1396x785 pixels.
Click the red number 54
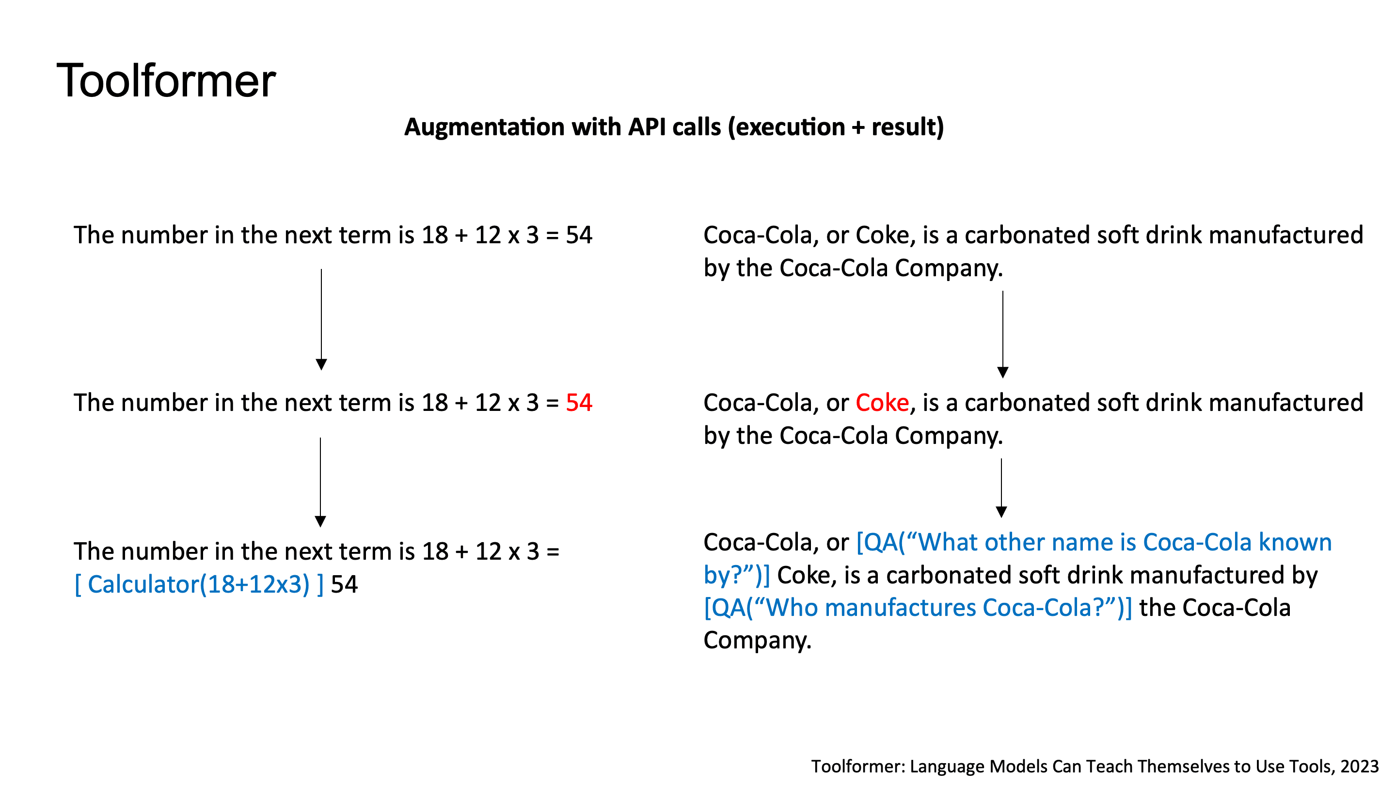click(x=579, y=403)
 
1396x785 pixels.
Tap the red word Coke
click(x=882, y=403)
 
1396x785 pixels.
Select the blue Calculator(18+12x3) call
click(x=198, y=584)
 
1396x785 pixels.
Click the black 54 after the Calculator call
click(x=344, y=584)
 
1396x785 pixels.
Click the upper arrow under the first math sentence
click(x=321, y=320)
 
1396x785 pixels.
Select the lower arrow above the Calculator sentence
click(x=320, y=482)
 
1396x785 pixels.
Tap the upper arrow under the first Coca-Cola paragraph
click(x=1002, y=334)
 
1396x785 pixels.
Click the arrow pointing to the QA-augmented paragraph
click(x=1001, y=487)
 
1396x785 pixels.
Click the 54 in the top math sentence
click(x=579, y=235)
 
